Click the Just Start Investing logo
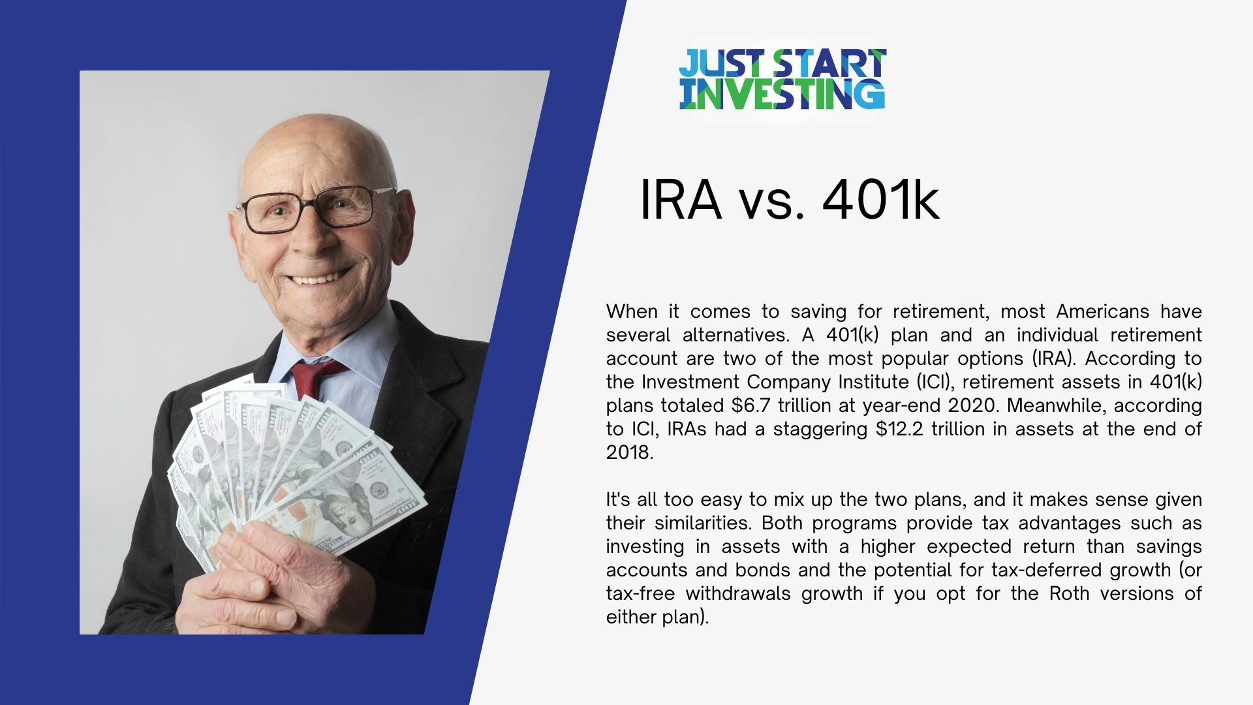[x=782, y=79]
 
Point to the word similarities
[x=701, y=523]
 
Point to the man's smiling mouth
[x=318, y=279]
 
